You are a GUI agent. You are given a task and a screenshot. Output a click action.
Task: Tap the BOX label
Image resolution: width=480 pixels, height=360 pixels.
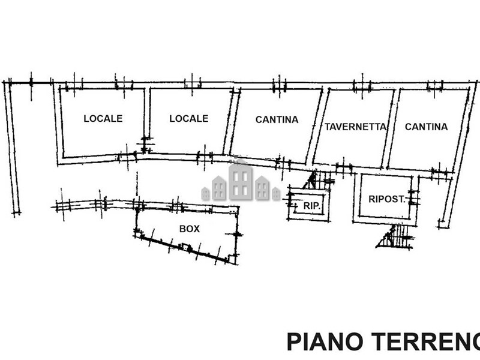(190, 229)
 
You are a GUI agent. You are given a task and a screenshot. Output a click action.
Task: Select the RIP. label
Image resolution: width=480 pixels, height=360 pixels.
(311, 206)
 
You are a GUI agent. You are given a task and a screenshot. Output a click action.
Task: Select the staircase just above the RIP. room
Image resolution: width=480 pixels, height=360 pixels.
(313, 179)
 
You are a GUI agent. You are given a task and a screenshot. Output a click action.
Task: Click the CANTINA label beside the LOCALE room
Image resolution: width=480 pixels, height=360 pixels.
(277, 119)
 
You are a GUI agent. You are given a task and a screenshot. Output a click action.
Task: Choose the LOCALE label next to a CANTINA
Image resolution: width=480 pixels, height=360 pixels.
(188, 119)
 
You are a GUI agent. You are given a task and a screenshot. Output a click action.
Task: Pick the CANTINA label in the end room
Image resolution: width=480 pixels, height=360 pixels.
(426, 127)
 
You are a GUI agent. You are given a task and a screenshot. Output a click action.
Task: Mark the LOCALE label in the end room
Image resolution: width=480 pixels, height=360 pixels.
(103, 119)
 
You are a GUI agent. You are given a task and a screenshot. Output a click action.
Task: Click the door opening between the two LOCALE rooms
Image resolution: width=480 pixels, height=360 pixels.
(145, 145)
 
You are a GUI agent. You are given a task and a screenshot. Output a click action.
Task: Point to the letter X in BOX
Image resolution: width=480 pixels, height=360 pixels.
(196, 229)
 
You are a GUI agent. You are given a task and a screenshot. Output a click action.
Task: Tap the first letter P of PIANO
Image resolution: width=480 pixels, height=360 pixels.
(293, 341)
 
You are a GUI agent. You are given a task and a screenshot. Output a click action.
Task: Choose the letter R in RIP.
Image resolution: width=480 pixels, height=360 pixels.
(306, 206)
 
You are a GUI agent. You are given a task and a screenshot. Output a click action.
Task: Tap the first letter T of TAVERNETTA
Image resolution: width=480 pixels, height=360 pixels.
(328, 127)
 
